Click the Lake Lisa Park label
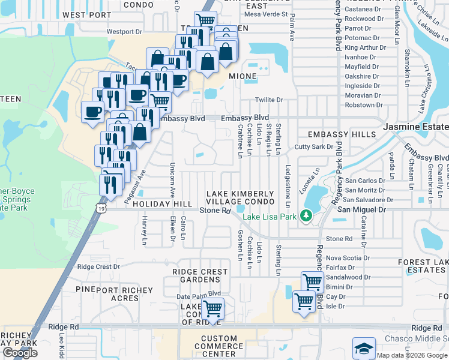270,215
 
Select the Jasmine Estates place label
415,127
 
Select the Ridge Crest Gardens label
200,276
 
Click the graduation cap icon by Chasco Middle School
363,348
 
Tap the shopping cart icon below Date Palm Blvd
212,308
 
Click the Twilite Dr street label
268,100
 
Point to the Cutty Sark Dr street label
313,147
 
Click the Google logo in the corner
20,353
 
